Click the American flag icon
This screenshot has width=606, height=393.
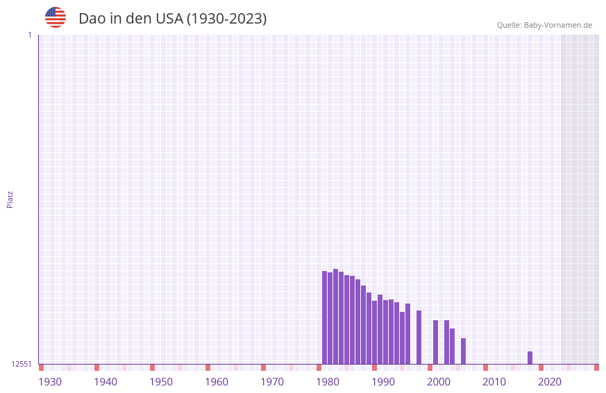[x=56, y=17]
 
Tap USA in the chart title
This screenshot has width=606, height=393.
[x=169, y=19]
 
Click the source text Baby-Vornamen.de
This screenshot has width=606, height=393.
[x=557, y=25]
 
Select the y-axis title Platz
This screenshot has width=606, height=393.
[x=10, y=199]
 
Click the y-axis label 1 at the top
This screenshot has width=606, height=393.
[x=29, y=35]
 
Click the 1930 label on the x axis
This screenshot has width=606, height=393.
[x=50, y=382]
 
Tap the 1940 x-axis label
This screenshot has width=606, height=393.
[x=106, y=382]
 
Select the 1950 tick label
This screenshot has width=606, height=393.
[x=161, y=382]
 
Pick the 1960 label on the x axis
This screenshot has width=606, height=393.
[x=217, y=382]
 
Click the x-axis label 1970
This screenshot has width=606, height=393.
[x=272, y=382]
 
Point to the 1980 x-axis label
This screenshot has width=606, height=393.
[x=328, y=382]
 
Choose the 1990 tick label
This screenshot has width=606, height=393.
[x=383, y=382]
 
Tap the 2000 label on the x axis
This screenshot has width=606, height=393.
[x=439, y=382]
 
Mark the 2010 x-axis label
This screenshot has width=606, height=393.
[x=494, y=382]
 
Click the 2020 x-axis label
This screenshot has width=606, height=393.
[x=550, y=382]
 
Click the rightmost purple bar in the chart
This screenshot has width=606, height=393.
[x=530, y=358]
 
